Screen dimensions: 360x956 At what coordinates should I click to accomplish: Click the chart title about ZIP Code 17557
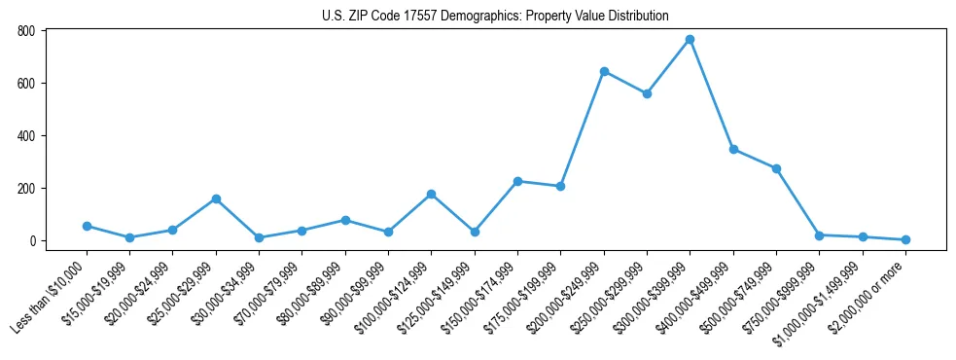[x=496, y=16]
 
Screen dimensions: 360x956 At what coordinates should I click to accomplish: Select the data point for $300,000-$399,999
[x=690, y=40]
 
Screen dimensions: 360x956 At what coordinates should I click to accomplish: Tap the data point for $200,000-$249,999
[x=604, y=71]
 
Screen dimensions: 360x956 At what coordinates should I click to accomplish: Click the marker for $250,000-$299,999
[x=647, y=93]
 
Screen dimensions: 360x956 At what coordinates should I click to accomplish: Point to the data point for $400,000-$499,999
[x=733, y=149]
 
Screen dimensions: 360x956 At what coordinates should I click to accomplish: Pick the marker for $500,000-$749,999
[x=776, y=168]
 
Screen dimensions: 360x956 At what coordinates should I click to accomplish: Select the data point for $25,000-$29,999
[x=216, y=198]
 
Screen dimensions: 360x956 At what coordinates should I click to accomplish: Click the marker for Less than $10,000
[x=87, y=226]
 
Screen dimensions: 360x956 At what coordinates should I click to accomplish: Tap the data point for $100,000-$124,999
[x=431, y=194]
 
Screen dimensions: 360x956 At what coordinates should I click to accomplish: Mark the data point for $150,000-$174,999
[x=517, y=181]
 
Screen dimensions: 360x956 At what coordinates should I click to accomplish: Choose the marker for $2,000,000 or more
[x=905, y=239]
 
